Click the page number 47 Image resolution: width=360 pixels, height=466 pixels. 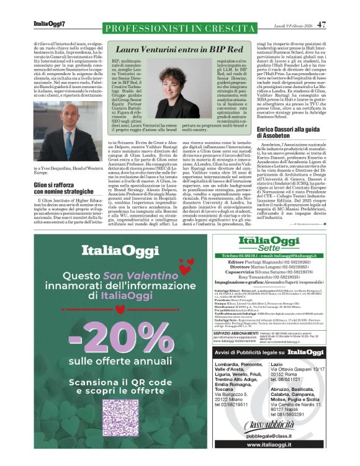321,25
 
